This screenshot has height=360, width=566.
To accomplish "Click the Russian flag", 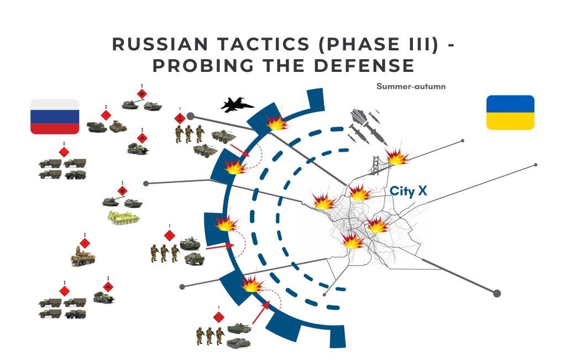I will tap(55, 117).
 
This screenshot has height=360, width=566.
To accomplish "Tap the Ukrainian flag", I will tap(510, 112).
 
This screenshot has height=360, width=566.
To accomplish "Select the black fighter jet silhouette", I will tap(237, 104).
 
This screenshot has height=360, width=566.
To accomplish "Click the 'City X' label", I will tap(408, 191).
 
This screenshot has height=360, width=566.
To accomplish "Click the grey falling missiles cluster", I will tap(365, 124).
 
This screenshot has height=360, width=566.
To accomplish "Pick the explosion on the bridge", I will tap(397, 156).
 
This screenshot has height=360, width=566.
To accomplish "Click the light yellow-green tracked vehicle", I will tap(123, 217).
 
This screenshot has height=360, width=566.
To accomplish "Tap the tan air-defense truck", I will tap(83, 258).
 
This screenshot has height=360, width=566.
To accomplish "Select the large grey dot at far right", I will tap(496, 293).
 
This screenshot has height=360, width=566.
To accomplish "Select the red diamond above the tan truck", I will tap(85, 243).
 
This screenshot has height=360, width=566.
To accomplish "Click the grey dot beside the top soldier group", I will tap(190, 116).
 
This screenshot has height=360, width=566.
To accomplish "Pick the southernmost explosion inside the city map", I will tap(352, 240).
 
